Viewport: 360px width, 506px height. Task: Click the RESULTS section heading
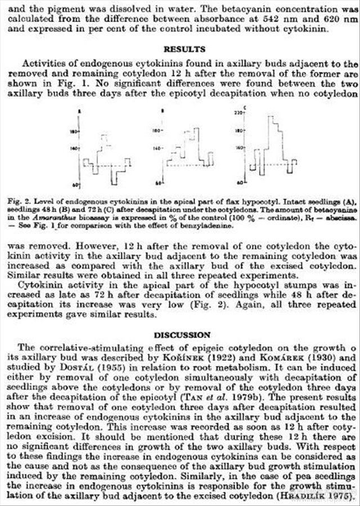click(x=184, y=49)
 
